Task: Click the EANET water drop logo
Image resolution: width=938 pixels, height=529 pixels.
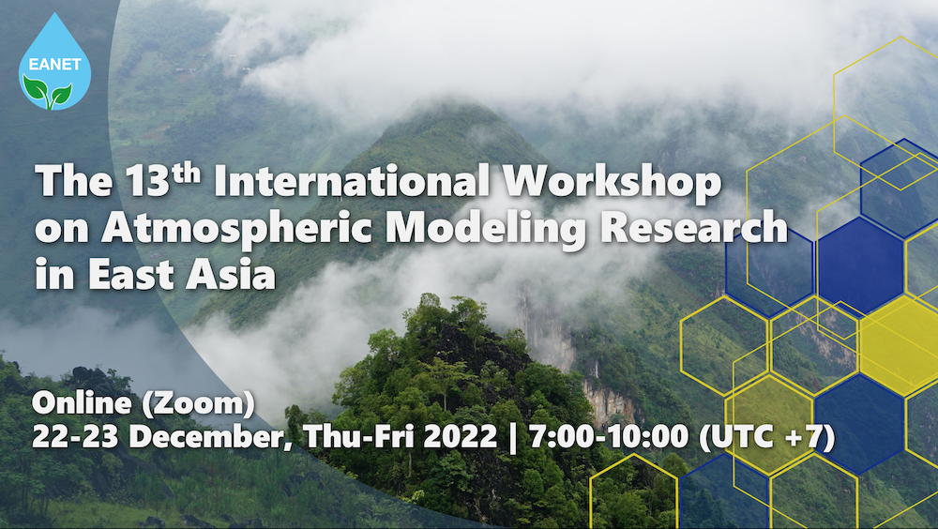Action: [54, 63]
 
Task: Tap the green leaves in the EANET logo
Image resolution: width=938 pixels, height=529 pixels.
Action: [48, 92]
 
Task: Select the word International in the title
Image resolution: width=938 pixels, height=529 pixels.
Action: [352, 181]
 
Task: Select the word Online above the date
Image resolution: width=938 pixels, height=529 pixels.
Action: [82, 402]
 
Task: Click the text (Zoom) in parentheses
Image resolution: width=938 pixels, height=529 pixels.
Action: [198, 403]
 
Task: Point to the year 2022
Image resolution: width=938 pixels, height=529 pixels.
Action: [460, 436]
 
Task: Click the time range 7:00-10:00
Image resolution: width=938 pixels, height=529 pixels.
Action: [609, 436]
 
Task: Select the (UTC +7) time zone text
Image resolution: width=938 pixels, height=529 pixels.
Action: [767, 437]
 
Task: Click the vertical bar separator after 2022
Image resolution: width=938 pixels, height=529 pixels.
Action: [513, 437]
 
